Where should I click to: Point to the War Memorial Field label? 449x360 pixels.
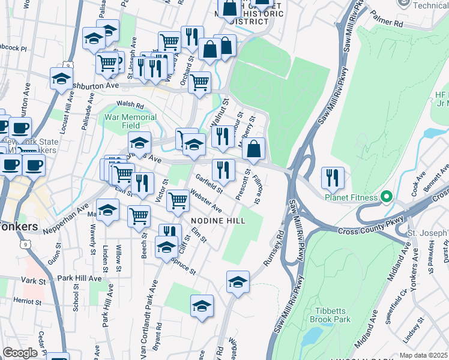pos(130,121)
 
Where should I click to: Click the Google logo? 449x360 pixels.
pos(20,352)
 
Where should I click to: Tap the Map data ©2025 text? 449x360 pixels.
pos(424,355)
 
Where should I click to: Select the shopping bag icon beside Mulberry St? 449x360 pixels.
pos(254,148)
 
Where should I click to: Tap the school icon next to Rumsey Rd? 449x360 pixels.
pos(238,281)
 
